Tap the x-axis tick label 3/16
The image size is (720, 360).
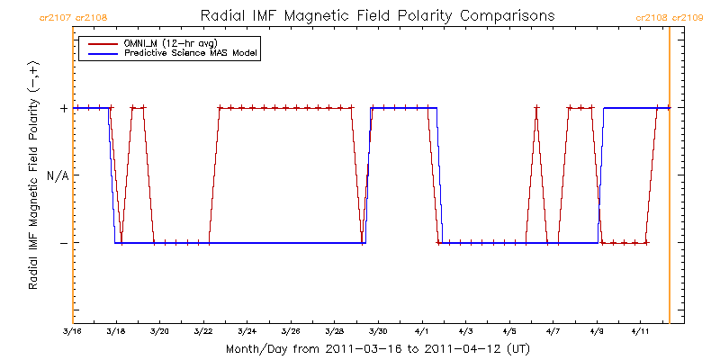click(x=73, y=331)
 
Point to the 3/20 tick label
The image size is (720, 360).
click(x=160, y=331)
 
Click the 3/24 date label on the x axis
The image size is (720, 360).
click(x=247, y=331)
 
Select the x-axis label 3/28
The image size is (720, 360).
click(x=335, y=331)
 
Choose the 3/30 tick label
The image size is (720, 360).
click(x=379, y=331)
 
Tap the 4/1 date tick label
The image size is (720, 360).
click(x=423, y=331)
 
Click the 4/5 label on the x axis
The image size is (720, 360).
click(x=509, y=331)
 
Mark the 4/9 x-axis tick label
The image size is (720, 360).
click(x=597, y=331)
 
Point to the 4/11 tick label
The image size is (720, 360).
click(x=640, y=331)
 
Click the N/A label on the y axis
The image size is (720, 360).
click(x=58, y=175)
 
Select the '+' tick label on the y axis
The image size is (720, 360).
click(x=63, y=108)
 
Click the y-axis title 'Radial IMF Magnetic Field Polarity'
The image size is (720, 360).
click(x=33, y=175)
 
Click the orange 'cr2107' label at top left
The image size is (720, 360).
click(x=56, y=16)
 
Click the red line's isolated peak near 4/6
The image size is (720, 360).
click(x=536, y=108)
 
